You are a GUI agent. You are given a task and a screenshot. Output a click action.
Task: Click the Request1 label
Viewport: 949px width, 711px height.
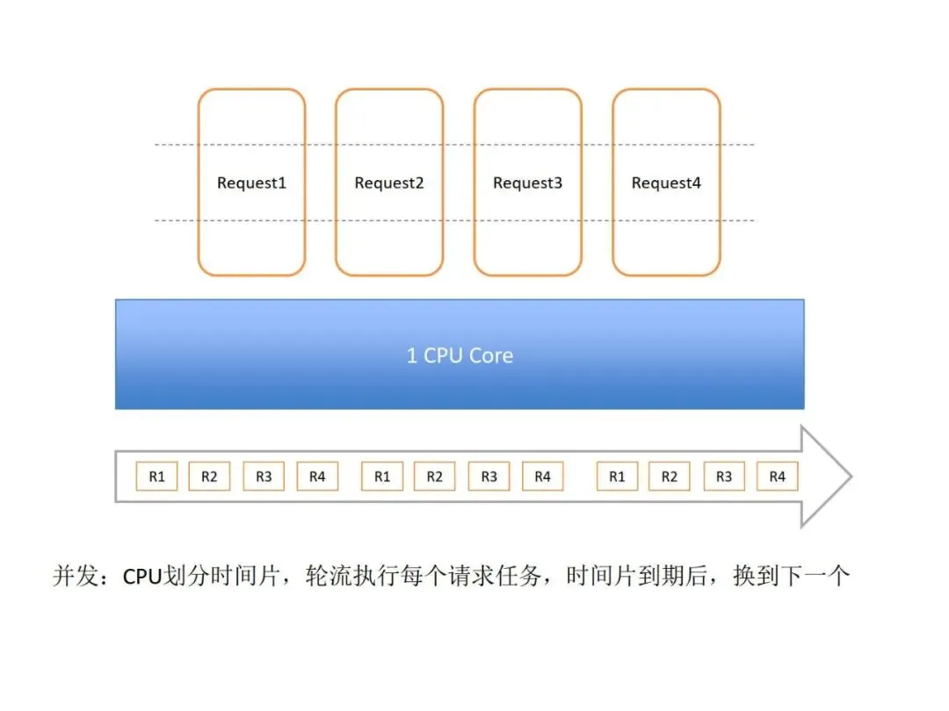point(251,183)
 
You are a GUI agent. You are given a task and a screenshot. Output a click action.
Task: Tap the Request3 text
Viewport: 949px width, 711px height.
point(527,183)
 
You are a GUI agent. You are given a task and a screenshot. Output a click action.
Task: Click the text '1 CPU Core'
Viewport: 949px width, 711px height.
point(460,355)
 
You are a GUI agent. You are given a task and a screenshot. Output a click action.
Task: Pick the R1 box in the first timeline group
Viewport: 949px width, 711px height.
point(156,477)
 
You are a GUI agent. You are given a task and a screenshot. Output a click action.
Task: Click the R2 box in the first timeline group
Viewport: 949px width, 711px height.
point(209,477)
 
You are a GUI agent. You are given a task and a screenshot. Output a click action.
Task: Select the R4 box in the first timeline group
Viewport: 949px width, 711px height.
point(317,477)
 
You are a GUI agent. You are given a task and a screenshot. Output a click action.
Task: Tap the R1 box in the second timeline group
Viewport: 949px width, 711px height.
point(382,477)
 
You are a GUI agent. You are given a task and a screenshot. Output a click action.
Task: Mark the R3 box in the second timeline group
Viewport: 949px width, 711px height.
point(489,477)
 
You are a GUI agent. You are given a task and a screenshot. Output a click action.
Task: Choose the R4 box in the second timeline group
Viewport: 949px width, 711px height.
point(543,477)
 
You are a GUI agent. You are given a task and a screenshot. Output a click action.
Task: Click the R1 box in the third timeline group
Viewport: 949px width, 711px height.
point(617,477)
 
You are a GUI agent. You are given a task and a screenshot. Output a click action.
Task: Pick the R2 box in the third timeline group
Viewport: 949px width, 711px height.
point(670,477)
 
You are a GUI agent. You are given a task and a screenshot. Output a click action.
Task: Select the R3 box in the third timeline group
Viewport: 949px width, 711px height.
point(724,477)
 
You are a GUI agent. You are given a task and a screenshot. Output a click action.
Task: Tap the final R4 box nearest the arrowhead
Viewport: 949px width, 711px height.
point(778,477)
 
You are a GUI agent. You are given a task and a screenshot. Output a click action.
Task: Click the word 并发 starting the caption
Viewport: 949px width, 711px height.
point(73,577)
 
